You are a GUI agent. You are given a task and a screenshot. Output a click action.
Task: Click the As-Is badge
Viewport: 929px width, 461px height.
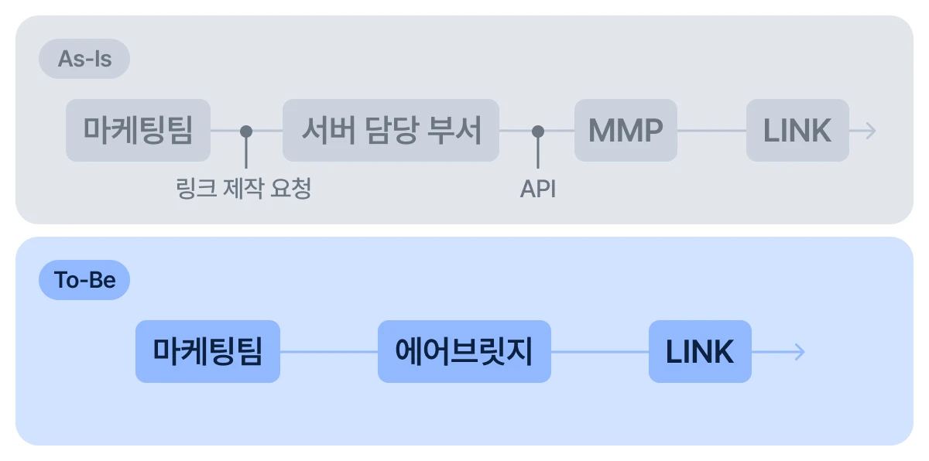pyautogui.click(x=84, y=59)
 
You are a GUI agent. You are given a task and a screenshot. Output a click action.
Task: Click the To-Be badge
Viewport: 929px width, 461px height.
pyautogui.click(x=84, y=280)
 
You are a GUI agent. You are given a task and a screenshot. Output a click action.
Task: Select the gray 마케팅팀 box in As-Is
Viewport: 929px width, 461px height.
pyautogui.click(x=138, y=131)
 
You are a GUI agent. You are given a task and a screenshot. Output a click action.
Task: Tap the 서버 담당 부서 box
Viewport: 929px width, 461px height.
pyautogui.click(x=390, y=131)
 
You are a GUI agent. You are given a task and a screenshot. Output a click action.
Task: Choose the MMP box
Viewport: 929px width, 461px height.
pyautogui.click(x=626, y=131)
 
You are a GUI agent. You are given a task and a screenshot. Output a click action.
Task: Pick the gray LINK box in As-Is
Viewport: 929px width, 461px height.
pyautogui.click(x=797, y=131)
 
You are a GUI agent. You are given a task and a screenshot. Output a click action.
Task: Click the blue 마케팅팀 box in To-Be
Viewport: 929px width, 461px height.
pyautogui.click(x=207, y=352)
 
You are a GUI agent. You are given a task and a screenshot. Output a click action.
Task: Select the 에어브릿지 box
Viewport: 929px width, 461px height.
pyautogui.click(x=464, y=352)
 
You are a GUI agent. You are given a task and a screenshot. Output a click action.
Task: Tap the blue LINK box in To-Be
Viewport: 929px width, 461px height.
pyautogui.click(x=700, y=352)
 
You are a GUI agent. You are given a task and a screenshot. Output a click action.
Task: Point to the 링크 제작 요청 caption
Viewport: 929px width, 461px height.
pyautogui.click(x=244, y=188)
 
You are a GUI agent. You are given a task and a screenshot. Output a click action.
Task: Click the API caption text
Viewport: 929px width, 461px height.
pyautogui.click(x=538, y=189)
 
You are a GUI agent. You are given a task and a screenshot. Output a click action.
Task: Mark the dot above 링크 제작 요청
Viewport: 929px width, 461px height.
pyautogui.click(x=246, y=131)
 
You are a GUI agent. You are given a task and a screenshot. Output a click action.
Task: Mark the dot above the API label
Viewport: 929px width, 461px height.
pyautogui.click(x=538, y=131)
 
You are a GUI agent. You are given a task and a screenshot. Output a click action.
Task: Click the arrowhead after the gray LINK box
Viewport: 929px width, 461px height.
pyautogui.click(x=872, y=131)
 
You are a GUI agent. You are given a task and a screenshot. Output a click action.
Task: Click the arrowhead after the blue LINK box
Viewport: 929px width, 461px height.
pyautogui.click(x=800, y=352)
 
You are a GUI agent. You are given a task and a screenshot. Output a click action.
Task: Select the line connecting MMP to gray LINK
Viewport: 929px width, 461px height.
pyautogui.click(x=711, y=131)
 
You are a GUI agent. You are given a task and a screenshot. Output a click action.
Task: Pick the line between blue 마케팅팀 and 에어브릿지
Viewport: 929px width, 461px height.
pyautogui.click(x=328, y=352)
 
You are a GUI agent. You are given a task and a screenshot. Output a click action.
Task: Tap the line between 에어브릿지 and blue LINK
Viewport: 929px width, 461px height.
pyautogui.click(x=599, y=352)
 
